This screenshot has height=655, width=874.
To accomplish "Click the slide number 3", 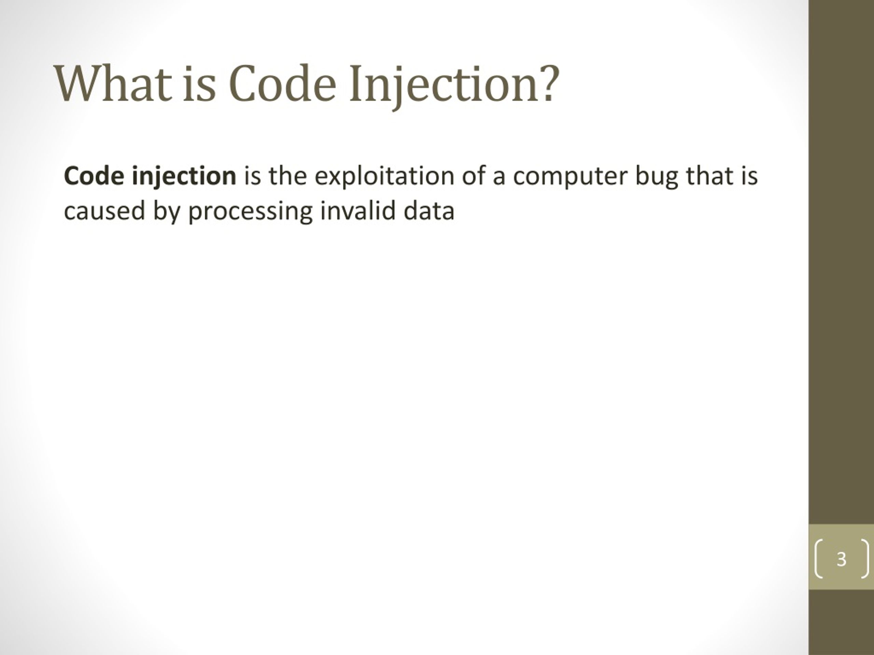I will point(842,559).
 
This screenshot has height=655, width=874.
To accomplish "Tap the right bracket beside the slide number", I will point(866,559).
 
